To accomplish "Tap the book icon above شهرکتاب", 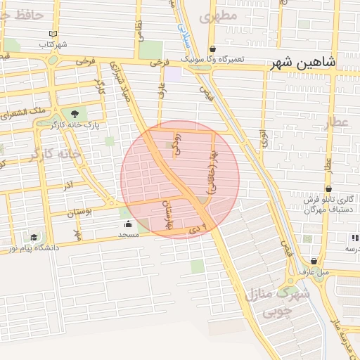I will coord(53,34).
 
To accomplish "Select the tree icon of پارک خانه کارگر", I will coord(74,112).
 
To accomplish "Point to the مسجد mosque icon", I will coord(128,224).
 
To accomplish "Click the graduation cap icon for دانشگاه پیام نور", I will coord(34,237).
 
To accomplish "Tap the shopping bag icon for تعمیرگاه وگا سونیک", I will coord(213,49).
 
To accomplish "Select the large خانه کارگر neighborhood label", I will coord(51,153).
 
